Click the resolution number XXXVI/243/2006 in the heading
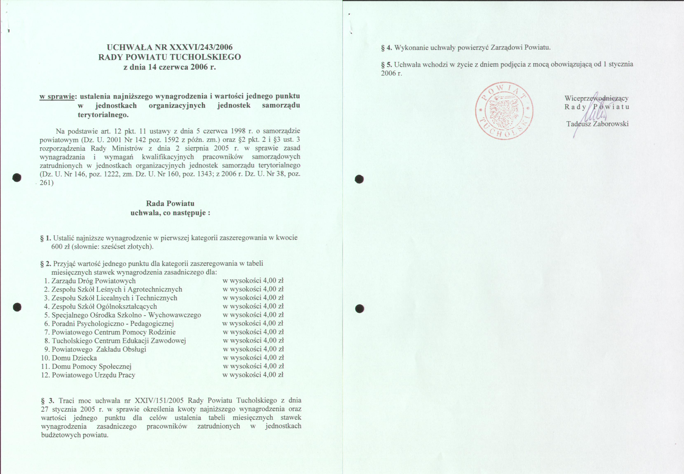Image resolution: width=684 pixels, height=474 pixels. (201, 47)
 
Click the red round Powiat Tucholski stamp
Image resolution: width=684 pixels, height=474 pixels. (504, 111)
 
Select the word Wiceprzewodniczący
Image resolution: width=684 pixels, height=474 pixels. (596, 98)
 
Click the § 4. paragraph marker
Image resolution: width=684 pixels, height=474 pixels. (387, 48)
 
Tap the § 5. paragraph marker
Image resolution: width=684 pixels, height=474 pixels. (387, 64)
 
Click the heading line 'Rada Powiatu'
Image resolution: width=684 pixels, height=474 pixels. (170, 203)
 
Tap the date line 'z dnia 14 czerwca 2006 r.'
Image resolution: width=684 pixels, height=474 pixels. (170, 67)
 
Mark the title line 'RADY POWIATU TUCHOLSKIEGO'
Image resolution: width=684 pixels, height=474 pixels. (170, 57)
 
